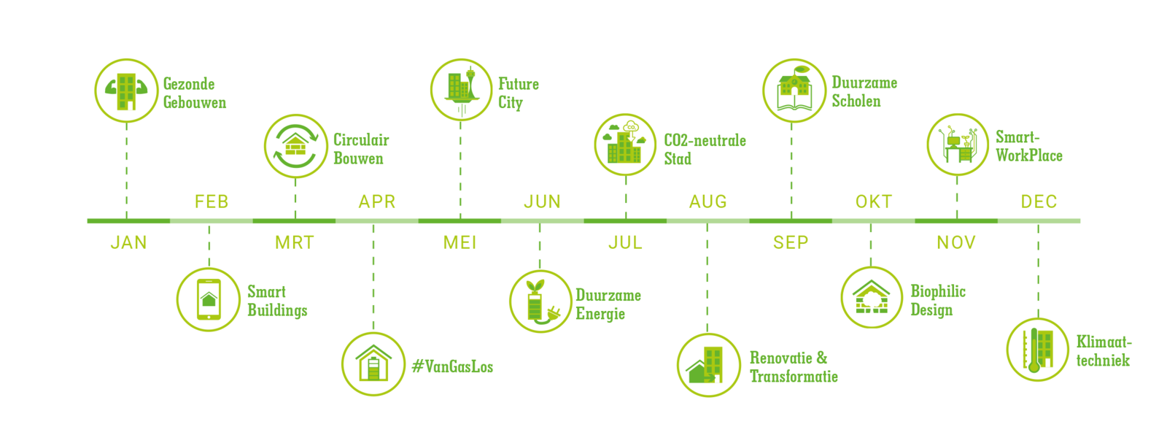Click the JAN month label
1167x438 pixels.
(x=128, y=242)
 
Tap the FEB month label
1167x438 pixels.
(x=212, y=201)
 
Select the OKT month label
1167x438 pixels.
(x=874, y=201)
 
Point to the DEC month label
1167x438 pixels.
(x=1039, y=201)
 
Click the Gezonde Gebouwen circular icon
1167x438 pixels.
(x=126, y=91)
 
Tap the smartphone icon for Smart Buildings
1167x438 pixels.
(x=209, y=299)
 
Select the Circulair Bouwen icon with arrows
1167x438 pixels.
(x=295, y=146)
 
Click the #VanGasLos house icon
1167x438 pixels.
(x=373, y=364)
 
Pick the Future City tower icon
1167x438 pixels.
(x=461, y=91)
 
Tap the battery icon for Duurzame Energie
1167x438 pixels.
(x=540, y=301)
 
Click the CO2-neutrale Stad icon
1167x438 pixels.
(x=625, y=145)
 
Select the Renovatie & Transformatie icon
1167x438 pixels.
(x=708, y=365)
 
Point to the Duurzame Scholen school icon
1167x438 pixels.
(x=794, y=91)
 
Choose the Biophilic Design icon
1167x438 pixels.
(x=872, y=298)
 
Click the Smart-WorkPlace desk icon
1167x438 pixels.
(x=958, y=145)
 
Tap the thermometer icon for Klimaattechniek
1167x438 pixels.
(x=1037, y=350)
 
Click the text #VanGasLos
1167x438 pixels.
(x=452, y=366)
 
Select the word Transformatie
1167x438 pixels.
(x=794, y=377)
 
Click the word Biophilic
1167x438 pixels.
(x=938, y=291)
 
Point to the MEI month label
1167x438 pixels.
(x=460, y=242)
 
